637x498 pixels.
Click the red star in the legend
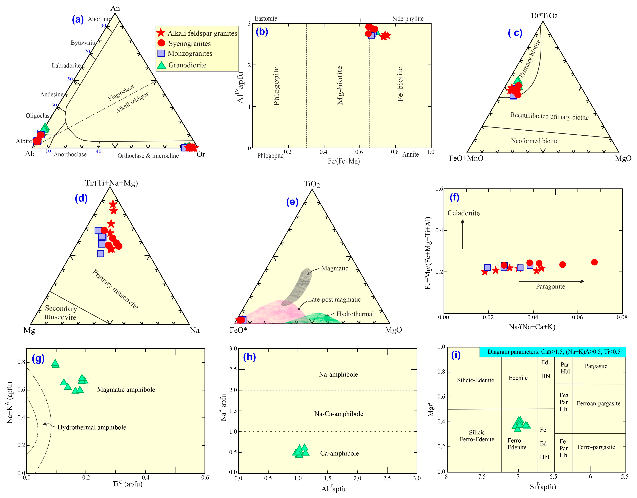click(161, 33)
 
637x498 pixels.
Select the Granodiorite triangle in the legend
click(161, 65)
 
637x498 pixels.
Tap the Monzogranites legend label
click(190, 53)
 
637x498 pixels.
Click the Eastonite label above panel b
click(266, 18)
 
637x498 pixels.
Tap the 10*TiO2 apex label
click(544, 16)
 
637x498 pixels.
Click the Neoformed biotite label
click(535, 141)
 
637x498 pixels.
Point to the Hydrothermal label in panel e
click(355, 314)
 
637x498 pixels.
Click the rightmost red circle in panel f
click(594, 262)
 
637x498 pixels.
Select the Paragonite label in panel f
click(550, 286)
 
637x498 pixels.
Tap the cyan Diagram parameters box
click(552, 352)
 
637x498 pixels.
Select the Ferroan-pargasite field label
click(598, 403)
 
